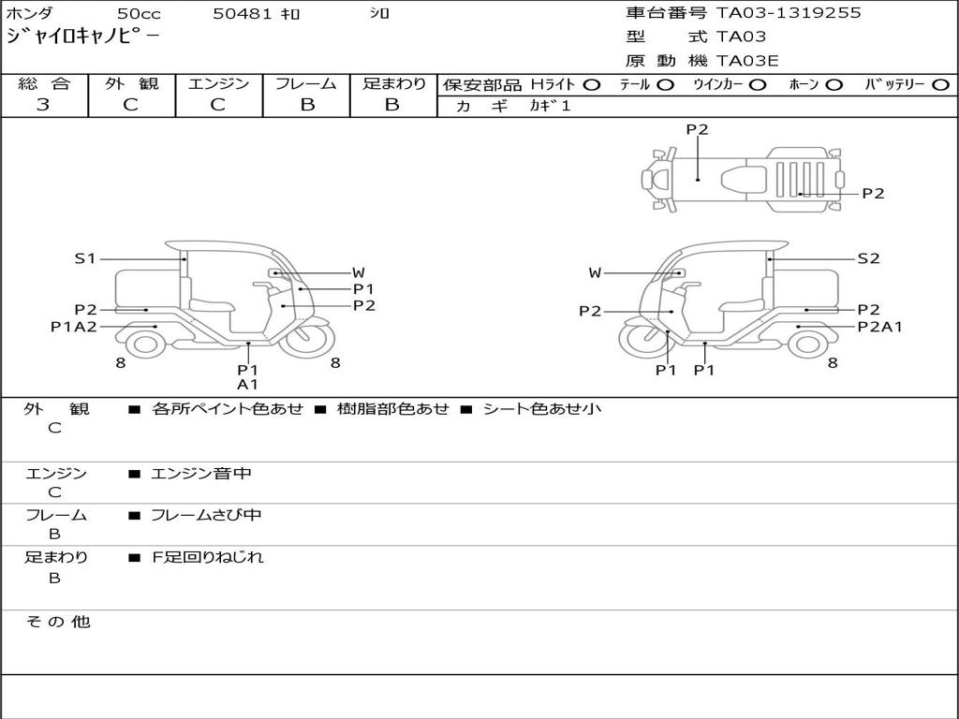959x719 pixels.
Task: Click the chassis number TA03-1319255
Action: pyautogui.click(x=789, y=13)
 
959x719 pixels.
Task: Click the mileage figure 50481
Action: pyautogui.click(x=243, y=14)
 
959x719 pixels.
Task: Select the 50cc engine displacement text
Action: pyautogui.click(x=138, y=14)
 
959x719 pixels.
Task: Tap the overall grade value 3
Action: pyautogui.click(x=43, y=105)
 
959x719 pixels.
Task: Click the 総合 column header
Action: pyautogui.click(x=44, y=83)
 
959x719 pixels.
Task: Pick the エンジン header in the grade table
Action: pyautogui.click(x=218, y=83)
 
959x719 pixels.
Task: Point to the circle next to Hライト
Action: pyautogui.click(x=592, y=84)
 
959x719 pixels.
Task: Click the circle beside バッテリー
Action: pyautogui.click(x=941, y=84)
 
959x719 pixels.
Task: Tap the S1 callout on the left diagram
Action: pyautogui.click(x=85, y=258)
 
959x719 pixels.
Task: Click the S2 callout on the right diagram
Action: pyautogui.click(x=868, y=258)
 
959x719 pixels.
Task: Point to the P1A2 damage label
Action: pyautogui.click(x=74, y=327)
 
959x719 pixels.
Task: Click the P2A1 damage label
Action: pyautogui.click(x=879, y=327)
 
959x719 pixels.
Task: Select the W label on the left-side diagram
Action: pyautogui.click(x=358, y=272)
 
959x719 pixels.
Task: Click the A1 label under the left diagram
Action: pyautogui.click(x=247, y=384)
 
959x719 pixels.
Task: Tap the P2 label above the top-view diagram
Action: pyautogui.click(x=697, y=130)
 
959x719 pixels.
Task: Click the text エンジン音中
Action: pyautogui.click(x=201, y=474)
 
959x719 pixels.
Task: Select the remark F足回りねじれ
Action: pyautogui.click(x=208, y=557)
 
